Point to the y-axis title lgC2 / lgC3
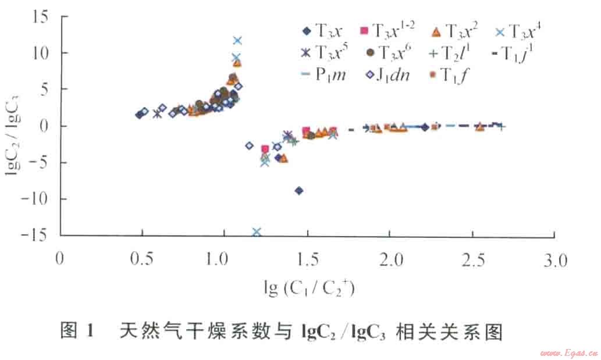(x=13, y=126)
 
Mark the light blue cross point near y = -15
(x=257, y=232)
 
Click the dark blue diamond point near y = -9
(x=299, y=191)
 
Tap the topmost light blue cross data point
(x=237, y=41)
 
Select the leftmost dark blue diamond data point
(x=139, y=115)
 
